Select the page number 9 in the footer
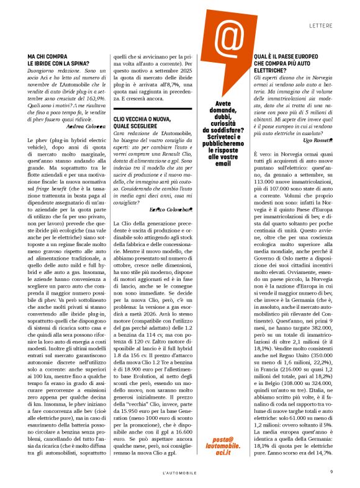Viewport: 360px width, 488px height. [x=331, y=472]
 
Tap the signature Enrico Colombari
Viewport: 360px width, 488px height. [x=169, y=211]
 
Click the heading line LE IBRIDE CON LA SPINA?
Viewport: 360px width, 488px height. [x=65, y=63]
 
